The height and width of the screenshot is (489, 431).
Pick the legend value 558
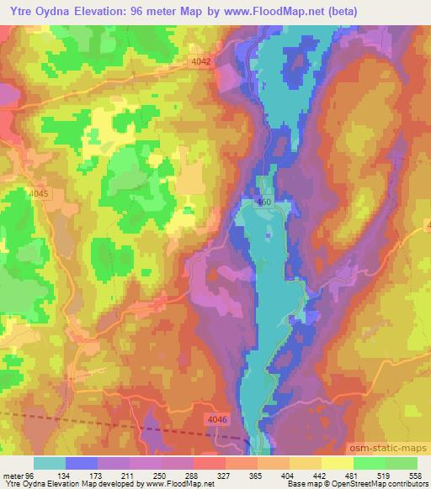click(x=417, y=475)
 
